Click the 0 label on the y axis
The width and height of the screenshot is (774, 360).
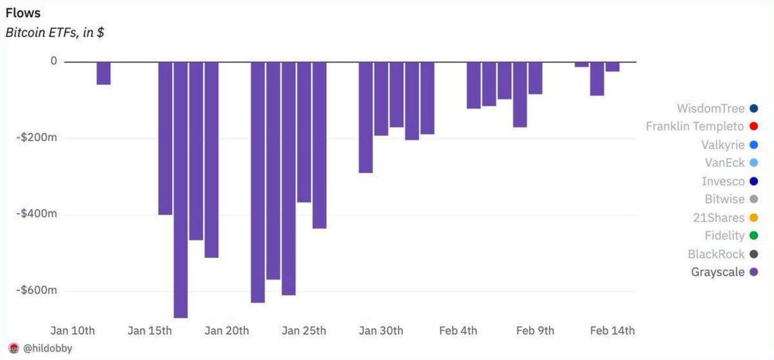pyautogui.click(x=54, y=61)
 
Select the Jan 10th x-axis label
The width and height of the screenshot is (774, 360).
pyautogui.click(x=73, y=331)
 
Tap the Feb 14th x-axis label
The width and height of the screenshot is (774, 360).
pyautogui.click(x=613, y=331)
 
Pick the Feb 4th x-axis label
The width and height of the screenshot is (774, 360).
pyautogui.click(x=458, y=331)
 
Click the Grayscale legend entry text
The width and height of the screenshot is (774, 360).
pyautogui.click(x=718, y=272)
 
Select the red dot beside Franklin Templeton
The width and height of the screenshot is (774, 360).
pyautogui.click(x=753, y=126)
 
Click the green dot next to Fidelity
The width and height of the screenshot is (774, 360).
pyautogui.click(x=753, y=236)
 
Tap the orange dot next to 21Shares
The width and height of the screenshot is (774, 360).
pyautogui.click(x=753, y=218)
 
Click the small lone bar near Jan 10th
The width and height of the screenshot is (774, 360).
pyautogui.click(x=103, y=73)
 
